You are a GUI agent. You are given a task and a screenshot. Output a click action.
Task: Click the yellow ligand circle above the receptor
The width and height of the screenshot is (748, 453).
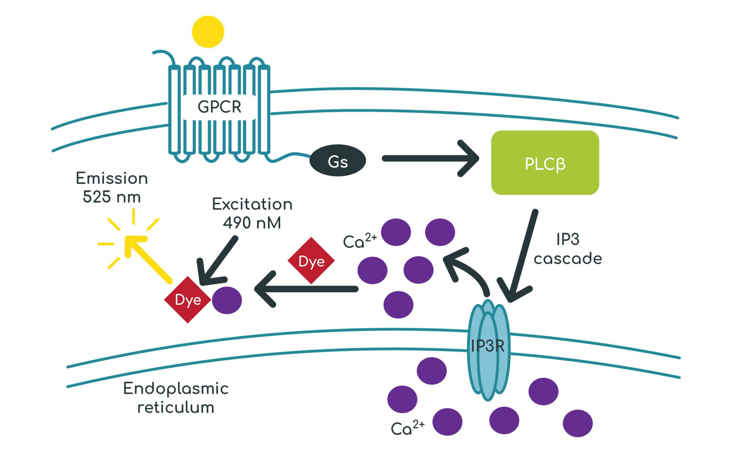coord(208,32)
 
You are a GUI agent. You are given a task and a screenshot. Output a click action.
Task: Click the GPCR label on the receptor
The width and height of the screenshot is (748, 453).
coord(219,107)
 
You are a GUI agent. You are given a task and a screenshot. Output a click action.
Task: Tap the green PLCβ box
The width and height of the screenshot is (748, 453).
coord(545,163)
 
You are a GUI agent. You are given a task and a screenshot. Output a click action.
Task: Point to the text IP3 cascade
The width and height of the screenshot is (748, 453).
coord(568,249)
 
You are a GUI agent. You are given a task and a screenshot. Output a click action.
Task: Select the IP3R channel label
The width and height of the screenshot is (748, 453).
coord(488,346)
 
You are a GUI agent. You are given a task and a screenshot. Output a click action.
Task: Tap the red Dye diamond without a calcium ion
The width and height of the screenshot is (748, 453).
coord(311,261)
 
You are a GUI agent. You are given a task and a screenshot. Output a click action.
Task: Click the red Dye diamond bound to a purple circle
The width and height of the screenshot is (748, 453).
coord(188,300)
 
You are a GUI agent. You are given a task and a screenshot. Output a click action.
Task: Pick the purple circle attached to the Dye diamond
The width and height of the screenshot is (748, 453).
coord(227,300)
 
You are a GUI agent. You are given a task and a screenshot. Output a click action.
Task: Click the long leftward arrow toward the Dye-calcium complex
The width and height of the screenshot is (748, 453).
coord(307,289)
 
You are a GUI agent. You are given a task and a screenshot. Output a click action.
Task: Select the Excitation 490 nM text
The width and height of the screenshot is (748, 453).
coord(252,213)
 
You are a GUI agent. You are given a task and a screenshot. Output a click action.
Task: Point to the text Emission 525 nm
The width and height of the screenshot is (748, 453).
coord(112,187)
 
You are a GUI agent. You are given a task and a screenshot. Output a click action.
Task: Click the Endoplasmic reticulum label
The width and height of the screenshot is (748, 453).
coord(176,398)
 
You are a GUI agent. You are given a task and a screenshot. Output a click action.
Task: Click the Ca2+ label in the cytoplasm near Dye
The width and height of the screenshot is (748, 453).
coord(359,241)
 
